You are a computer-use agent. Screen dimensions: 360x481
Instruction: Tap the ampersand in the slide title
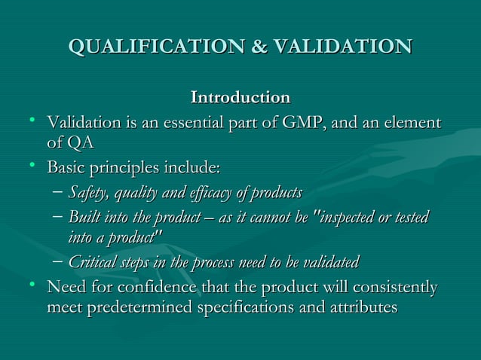tap(257, 47)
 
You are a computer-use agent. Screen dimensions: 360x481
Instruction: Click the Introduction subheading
tap(240, 98)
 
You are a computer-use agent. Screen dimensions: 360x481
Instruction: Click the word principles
tap(129, 167)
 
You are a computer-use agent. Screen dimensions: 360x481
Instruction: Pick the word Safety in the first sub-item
tap(87, 192)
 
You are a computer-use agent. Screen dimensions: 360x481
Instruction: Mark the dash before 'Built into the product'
tap(58, 218)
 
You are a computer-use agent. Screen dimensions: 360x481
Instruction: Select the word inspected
tap(357, 218)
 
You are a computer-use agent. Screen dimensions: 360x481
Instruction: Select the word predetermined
tap(143, 309)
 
